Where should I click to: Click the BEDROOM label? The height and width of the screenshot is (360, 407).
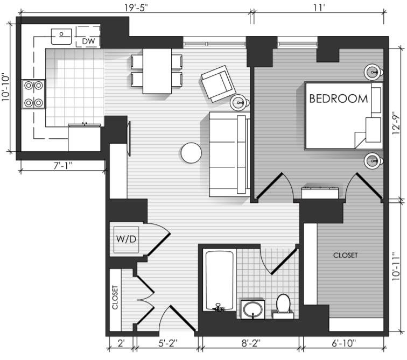(339, 98)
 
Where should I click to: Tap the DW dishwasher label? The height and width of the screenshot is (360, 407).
(88, 41)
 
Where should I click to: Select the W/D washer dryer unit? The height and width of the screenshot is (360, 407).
(127, 239)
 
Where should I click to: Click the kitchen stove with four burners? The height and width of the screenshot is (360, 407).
(33, 94)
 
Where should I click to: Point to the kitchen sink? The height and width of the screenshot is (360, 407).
(61, 37)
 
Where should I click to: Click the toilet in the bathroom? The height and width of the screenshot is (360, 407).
(283, 306)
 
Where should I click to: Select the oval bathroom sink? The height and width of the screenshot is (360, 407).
(252, 309)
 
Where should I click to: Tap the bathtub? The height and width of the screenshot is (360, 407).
(220, 280)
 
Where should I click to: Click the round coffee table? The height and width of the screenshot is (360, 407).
(191, 153)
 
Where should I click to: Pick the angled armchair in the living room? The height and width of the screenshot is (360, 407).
(219, 83)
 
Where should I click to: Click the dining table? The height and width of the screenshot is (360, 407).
(157, 71)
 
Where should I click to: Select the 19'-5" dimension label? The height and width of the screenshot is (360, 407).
(136, 8)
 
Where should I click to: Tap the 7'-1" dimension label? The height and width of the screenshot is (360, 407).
(63, 165)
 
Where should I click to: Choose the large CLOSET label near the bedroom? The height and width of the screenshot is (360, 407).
(345, 255)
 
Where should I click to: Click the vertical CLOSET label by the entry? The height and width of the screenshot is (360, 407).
(115, 298)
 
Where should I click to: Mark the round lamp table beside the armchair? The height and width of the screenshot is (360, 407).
(239, 102)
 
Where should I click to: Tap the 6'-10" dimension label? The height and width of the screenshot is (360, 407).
(344, 343)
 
